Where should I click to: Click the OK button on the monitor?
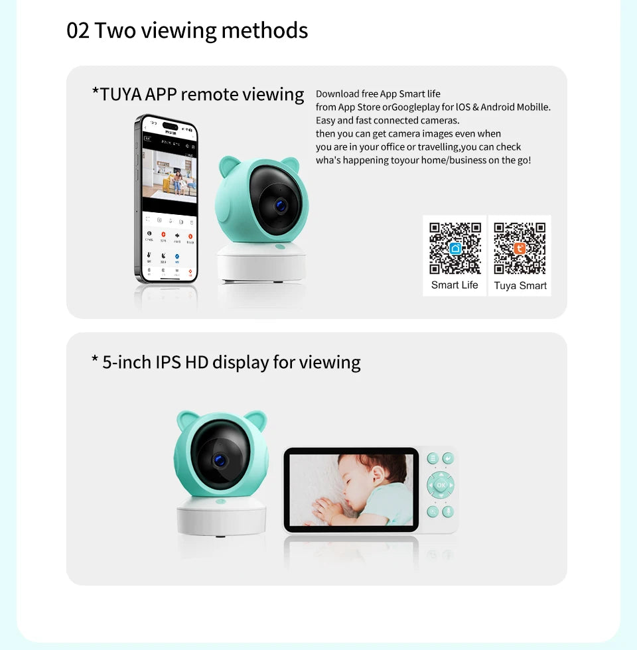[x=441, y=485]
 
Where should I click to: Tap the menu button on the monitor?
[x=432, y=458]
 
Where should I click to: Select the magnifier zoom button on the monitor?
[x=433, y=511]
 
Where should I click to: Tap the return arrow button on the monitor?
[x=449, y=458]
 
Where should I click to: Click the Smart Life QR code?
[x=455, y=248]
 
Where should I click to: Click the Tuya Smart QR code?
[x=520, y=248]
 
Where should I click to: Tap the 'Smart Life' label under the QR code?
[x=455, y=285]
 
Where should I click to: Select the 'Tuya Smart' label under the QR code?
[x=520, y=286]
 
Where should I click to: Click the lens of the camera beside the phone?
[x=281, y=206]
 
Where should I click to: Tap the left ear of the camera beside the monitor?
[x=186, y=421]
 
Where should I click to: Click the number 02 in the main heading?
[x=78, y=31]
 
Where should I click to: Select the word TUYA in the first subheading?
[x=120, y=94]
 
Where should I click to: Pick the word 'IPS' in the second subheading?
[x=169, y=362]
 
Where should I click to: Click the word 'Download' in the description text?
[x=337, y=94]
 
